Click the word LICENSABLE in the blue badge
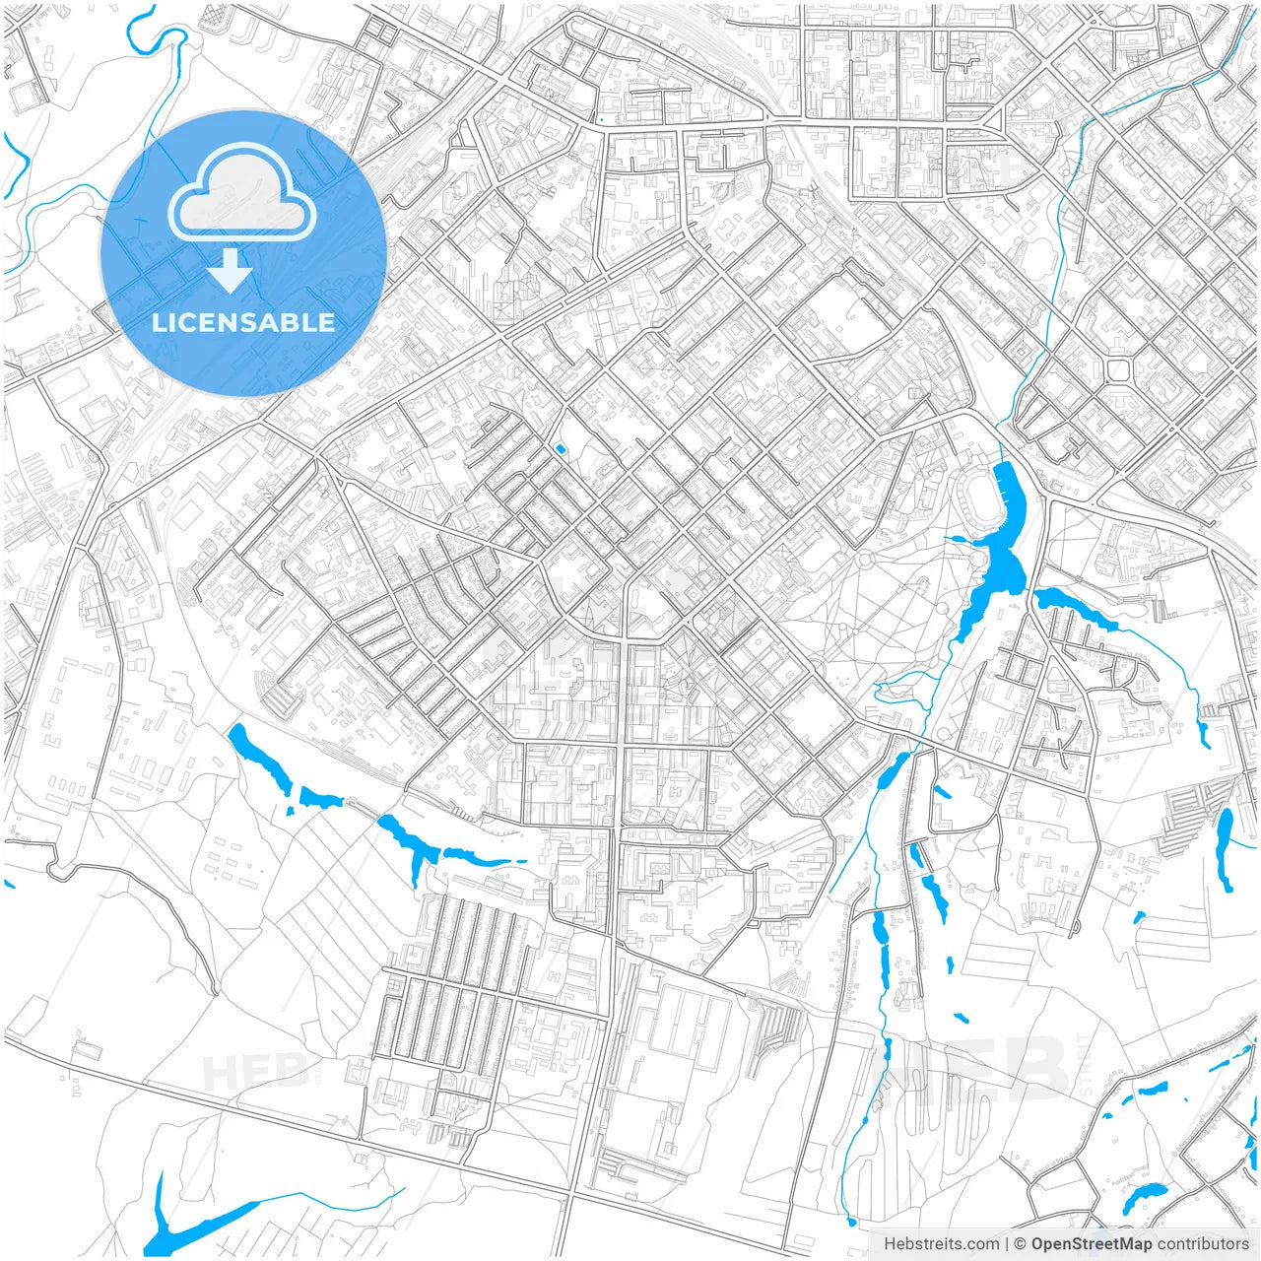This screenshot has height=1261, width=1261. pyautogui.click(x=243, y=322)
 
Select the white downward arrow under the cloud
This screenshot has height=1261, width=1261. pyautogui.click(x=231, y=270)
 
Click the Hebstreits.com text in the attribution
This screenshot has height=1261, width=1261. pyautogui.click(x=941, y=1244)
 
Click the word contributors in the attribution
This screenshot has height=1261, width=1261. pyautogui.click(x=1202, y=1244)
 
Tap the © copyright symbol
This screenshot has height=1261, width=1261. pyautogui.click(x=1020, y=1244)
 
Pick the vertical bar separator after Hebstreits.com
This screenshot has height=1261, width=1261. pyautogui.click(x=1006, y=1244)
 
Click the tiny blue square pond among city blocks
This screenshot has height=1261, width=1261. pyautogui.click(x=561, y=449)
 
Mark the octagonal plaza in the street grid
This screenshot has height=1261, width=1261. pyautogui.click(x=1118, y=370)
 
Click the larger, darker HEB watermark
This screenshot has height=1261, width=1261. pyautogui.click(x=970, y=1069)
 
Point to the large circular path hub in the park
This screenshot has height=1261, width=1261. pyautogui.click(x=865, y=561)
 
